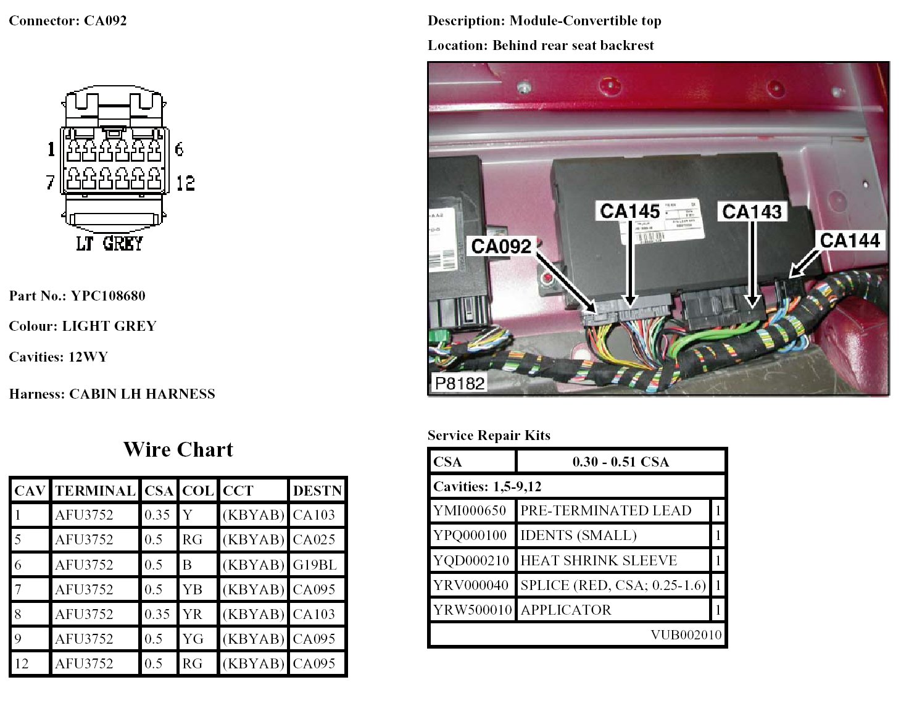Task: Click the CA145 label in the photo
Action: (x=629, y=211)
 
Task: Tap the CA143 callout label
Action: (x=752, y=212)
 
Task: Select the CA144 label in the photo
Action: (x=849, y=240)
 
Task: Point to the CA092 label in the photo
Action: (x=501, y=246)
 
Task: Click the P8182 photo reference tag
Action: (x=459, y=383)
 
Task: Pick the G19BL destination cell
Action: (x=315, y=565)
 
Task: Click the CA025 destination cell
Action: (x=314, y=540)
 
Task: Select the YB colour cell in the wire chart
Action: (x=193, y=589)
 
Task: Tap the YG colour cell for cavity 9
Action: (x=193, y=639)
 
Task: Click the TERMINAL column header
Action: (x=95, y=491)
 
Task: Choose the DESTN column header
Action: (x=317, y=491)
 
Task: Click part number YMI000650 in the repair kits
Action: (x=470, y=510)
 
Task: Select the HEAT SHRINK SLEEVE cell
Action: (x=599, y=560)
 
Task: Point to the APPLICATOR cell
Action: (x=566, y=610)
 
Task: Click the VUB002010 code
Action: (x=686, y=635)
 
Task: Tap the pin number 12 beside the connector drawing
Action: (x=185, y=183)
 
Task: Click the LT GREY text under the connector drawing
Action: (x=109, y=243)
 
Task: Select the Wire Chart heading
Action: (x=178, y=449)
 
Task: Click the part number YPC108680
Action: (x=108, y=296)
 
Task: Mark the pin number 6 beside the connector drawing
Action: (x=179, y=149)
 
